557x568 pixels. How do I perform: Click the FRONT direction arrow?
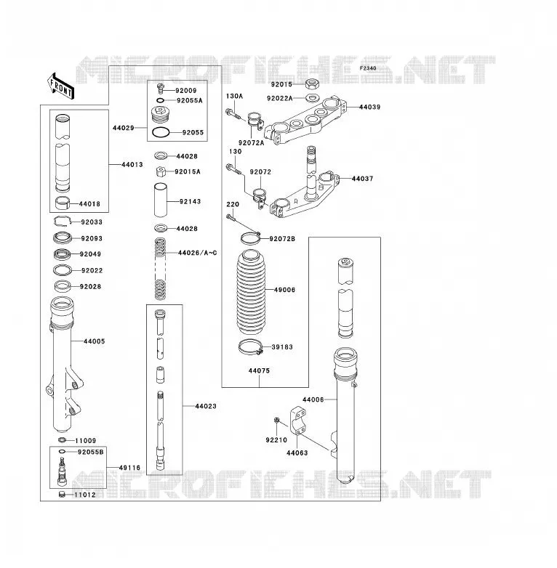click(x=60, y=86)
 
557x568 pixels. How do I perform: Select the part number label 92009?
click(x=185, y=91)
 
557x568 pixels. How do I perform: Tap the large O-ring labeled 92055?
click(x=161, y=133)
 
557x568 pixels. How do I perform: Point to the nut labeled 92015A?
click(x=161, y=171)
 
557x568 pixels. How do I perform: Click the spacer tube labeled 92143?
click(x=161, y=200)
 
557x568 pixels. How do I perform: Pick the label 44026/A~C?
click(x=197, y=253)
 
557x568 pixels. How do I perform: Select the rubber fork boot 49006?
click(x=251, y=290)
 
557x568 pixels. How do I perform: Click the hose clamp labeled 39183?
click(x=250, y=346)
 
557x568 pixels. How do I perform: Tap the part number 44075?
click(x=260, y=370)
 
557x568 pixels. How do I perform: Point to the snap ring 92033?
click(x=63, y=221)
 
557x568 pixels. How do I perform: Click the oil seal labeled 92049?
click(x=63, y=254)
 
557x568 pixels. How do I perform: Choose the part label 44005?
click(x=95, y=341)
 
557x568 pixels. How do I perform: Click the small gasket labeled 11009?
click(x=62, y=440)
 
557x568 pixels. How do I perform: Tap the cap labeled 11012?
click(x=62, y=494)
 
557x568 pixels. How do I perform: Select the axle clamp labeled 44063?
click(x=297, y=421)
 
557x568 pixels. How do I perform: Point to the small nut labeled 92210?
click(x=276, y=421)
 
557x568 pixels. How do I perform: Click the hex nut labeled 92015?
click(x=311, y=84)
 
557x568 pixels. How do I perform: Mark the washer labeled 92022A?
click(x=311, y=97)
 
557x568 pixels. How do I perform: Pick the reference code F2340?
click(x=368, y=68)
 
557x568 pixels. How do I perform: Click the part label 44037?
click(x=363, y=179)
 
